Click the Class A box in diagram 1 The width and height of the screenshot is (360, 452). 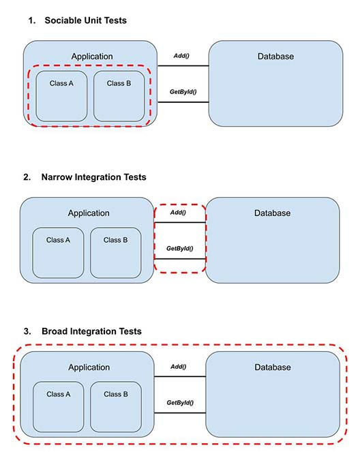click(61, 95)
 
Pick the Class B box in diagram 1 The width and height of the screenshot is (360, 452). click(119, 95)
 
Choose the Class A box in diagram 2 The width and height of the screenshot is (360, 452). click(58, 252)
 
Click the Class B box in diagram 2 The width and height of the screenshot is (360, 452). click(116, 252)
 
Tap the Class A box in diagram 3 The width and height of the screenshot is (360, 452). click(58, 406)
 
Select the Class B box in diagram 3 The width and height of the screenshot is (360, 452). click(116, 406)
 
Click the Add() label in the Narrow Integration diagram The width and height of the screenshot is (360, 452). click(178, 213)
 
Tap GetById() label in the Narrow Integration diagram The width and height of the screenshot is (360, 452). click(179, 249)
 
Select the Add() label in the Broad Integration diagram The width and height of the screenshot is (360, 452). click(178, 367)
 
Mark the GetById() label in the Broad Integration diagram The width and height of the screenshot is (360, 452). click(179, 403)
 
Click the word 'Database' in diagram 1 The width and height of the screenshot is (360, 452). click(275, 57)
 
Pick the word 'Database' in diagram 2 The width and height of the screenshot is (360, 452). click(272, 213)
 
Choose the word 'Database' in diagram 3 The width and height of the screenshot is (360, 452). click(272, 367)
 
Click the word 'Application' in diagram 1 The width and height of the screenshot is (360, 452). click(92, 57)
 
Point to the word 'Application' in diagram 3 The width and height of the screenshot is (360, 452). click(89, 367)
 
